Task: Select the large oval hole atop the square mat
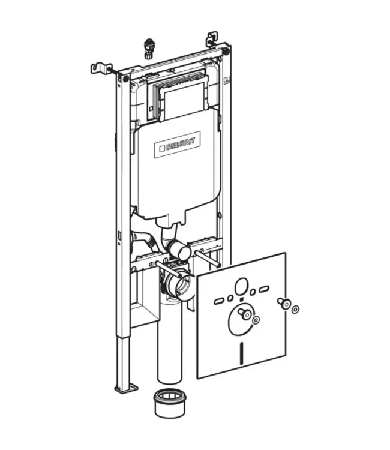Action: tap(244, 286)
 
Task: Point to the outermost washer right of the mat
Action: tap(295, 310)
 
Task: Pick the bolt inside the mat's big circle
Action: tap(245, 314)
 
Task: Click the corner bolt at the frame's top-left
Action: tap(126, 77)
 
